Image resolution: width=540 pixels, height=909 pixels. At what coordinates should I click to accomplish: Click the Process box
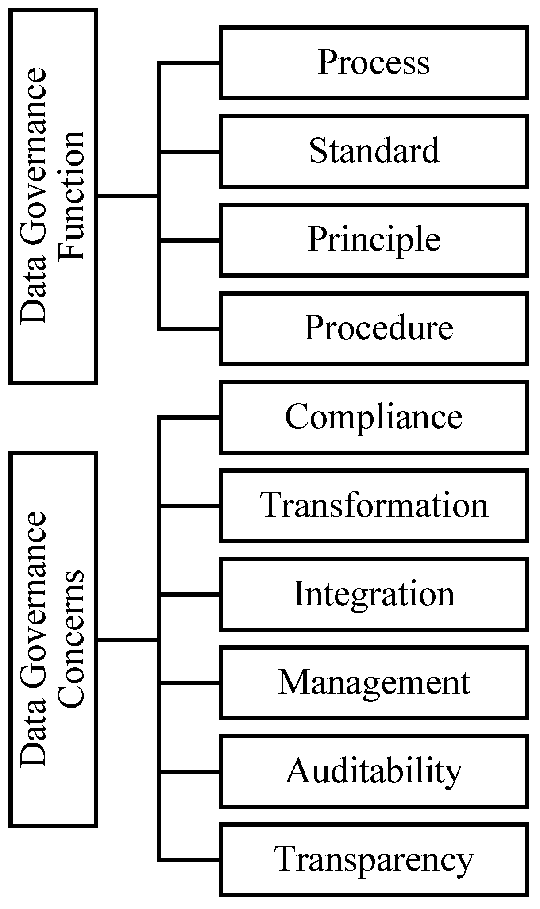point(374,62)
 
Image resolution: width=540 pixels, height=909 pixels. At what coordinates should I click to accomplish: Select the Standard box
point(374,151)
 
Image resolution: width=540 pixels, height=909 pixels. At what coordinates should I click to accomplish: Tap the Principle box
point(374,240)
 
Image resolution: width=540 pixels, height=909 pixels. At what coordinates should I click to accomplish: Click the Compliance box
point(374,417)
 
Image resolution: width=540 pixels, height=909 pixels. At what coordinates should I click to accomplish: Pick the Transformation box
point(374,505)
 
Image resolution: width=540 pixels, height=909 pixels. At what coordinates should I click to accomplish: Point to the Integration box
point(374,594)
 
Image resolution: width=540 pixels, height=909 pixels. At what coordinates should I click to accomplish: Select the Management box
point(374,682)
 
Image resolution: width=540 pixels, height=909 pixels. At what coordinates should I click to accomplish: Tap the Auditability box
point(374,771)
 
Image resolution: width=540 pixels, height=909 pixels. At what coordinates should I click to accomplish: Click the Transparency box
point(374,860)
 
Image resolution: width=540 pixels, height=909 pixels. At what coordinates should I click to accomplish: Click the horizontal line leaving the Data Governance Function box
point(127,196)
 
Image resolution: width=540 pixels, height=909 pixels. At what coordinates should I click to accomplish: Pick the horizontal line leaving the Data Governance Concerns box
point(127,639)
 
